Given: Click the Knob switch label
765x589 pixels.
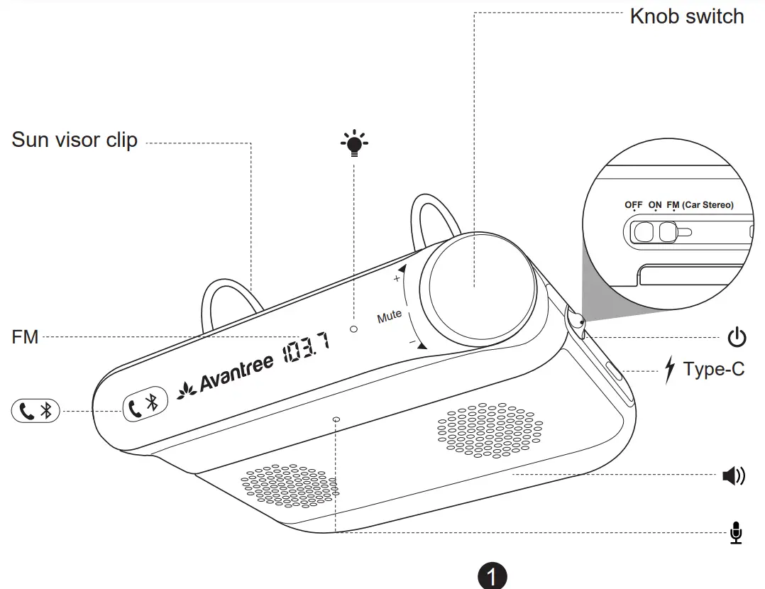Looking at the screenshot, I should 687,16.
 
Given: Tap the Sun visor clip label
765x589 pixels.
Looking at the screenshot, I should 75,140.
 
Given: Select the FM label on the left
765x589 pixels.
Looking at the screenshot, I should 25,337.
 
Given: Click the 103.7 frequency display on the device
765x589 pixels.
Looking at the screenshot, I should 306,349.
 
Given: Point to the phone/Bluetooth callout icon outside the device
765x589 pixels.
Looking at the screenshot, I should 35,410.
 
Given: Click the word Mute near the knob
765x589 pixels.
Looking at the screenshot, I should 389,316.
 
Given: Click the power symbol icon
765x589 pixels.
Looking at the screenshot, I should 737,337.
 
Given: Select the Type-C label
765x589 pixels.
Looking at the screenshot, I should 714,369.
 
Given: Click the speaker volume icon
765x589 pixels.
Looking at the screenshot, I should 734,476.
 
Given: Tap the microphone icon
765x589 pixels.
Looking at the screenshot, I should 737,532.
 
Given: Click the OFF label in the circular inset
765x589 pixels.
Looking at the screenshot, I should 634,205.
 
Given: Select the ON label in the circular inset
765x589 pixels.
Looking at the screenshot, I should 655,205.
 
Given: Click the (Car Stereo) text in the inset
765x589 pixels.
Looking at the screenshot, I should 708,205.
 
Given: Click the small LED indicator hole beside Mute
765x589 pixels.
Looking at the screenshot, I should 354,329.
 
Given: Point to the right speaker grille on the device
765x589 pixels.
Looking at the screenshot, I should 490,429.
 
